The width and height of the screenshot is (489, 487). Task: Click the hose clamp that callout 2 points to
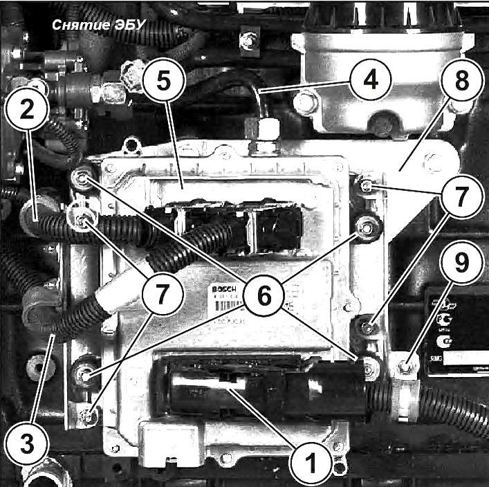[x=38, y=210]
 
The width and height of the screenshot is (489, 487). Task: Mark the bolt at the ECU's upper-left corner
[x=82, y=181]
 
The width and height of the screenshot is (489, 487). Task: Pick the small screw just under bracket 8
[x=365, y=185]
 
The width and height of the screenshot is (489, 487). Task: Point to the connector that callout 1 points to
[x=228, y=385]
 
